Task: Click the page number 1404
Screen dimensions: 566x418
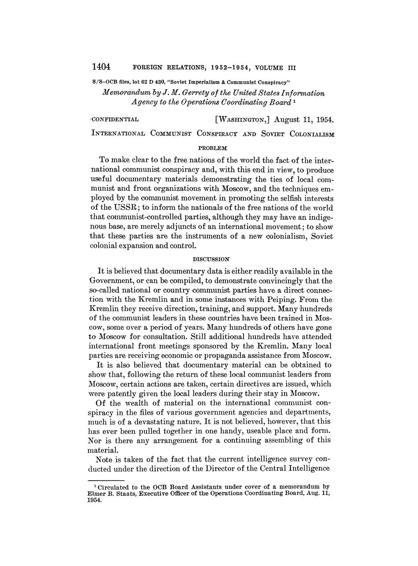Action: [x=100, y=66]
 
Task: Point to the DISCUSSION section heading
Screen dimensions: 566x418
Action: [x=211, y=259]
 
